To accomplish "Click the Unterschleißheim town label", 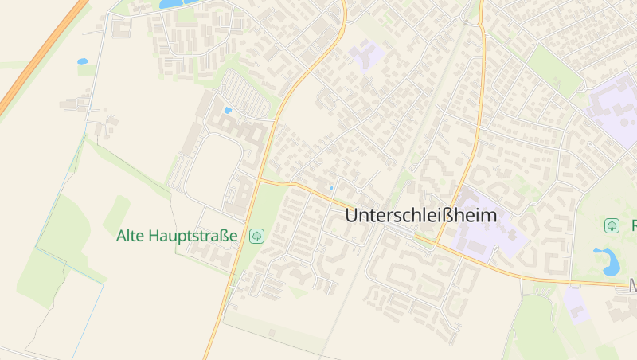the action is point(421,215).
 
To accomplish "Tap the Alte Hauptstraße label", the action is point(177,236).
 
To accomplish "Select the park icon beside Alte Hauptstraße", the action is point(256,236).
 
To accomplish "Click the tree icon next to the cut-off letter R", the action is point(612,225).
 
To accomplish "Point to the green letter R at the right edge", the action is point(634,225).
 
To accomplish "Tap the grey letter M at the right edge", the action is point(633,284).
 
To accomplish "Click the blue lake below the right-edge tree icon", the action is point(608,260).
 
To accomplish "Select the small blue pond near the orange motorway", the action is point(83,61).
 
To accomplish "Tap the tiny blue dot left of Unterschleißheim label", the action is point(332,189).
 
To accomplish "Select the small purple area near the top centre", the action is point(365,57).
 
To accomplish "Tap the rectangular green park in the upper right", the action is point(554,68).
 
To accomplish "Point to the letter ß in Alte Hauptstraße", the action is point(223,236).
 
